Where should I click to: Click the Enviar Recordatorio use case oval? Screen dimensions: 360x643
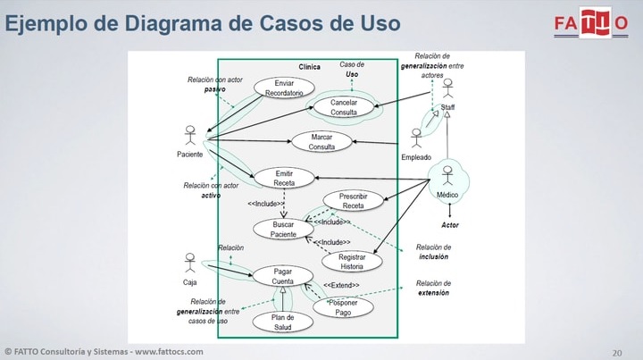pos(284,88)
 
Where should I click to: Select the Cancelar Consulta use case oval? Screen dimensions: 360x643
pos(344,107)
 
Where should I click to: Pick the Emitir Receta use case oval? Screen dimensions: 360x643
pos(284,178)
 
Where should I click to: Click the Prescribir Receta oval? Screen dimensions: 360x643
pos(353,201)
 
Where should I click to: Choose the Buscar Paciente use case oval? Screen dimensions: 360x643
pos(283,229)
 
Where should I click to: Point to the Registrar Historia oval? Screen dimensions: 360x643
pos(351,260)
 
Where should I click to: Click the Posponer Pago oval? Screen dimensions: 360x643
pos(344,308)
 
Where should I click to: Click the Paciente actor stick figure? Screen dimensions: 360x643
pos(189,136)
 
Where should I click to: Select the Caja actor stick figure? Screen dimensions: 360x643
pos(189,264)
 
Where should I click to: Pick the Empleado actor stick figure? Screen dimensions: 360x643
pos(416,139)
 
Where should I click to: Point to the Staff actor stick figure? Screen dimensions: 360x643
pos(447,89)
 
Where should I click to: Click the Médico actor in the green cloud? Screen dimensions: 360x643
pos(447,179)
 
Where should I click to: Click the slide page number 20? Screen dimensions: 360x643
pos(616,351)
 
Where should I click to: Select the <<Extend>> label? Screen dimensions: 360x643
pos(341,285)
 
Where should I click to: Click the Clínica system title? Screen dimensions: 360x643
pos(309,67)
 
